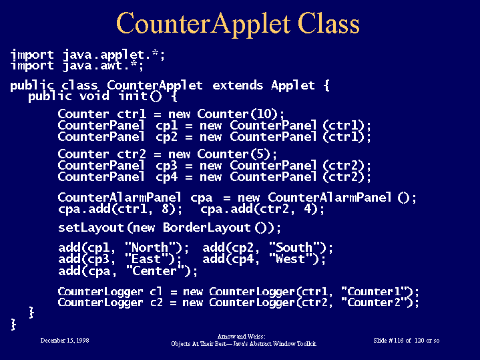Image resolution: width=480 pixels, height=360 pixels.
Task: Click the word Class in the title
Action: [328, 23]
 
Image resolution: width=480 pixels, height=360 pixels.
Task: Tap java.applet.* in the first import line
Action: [114, 55]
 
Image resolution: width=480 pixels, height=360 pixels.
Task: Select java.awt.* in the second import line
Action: [103, 66]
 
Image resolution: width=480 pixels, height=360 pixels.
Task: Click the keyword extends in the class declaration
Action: [238, 85]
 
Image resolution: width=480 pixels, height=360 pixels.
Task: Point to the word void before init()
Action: [94, 96]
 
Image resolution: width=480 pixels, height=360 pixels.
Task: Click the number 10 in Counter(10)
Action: [264, 114]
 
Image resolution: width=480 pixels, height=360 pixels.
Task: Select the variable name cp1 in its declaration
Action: [166, 126]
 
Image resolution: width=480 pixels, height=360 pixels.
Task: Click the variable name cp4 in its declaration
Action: [166, 178]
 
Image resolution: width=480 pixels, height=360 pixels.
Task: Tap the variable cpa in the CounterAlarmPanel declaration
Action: [201, 198]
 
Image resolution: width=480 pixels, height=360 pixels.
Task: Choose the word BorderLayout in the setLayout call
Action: [207, 228]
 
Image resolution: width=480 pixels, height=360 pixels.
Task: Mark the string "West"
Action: [290, 259]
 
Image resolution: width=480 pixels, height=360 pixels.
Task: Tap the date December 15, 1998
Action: [65, 341]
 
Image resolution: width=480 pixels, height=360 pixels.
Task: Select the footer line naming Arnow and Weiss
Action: [241, 337]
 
